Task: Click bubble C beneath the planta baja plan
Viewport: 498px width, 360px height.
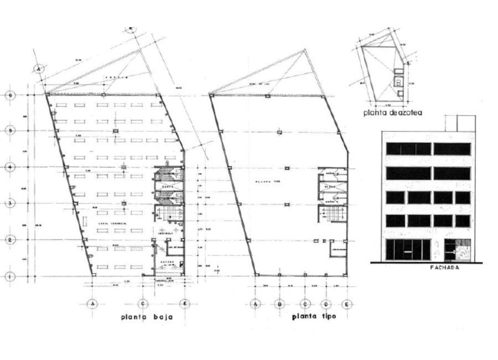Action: [x=143, y=304]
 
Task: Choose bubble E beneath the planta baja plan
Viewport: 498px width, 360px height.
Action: [x=184, y=304]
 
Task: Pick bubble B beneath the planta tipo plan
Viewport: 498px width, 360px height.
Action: [x=280, y=304]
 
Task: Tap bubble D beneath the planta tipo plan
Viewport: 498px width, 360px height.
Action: [x=326, y=304]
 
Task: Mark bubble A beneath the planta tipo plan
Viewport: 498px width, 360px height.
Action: [x=256, y=304]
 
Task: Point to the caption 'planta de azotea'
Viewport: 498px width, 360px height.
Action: [x=393, y=113]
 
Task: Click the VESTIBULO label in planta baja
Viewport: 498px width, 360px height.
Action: [x=164, y=234]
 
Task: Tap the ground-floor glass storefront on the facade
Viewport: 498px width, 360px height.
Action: [x=408, y=250]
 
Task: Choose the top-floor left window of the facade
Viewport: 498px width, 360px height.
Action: [x=408, y=148]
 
